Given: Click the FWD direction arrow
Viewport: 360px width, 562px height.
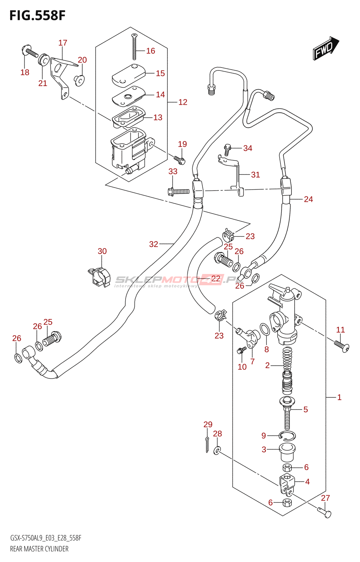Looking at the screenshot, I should [x=326, y=48].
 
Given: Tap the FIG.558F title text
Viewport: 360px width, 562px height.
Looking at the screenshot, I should [x=37, y=16].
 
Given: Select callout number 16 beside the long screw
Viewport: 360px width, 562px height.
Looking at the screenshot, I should [x=150, y=51].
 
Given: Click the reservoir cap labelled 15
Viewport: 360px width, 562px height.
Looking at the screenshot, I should [x=128, y=75].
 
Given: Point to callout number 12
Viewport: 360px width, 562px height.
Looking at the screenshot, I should [x=183, y=102].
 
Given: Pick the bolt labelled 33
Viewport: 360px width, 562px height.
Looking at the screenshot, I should [x=179, y=191].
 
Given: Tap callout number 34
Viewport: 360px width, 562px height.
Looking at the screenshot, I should [x=247, y=148].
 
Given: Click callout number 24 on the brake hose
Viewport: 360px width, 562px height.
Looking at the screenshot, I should [x=308, y=199].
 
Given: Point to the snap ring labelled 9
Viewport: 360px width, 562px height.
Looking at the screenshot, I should [x=287, y=436].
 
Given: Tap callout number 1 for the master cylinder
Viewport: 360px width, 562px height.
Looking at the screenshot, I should [x=339, y=397].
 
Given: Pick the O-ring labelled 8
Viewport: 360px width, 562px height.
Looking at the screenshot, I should [x=265, y=330].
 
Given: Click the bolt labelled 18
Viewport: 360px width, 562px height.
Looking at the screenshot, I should [x=31, y=52].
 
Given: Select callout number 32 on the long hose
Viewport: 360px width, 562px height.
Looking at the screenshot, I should [x=154, y=244].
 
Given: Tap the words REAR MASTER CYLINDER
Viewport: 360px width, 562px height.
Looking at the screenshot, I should [x=39, y=549].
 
